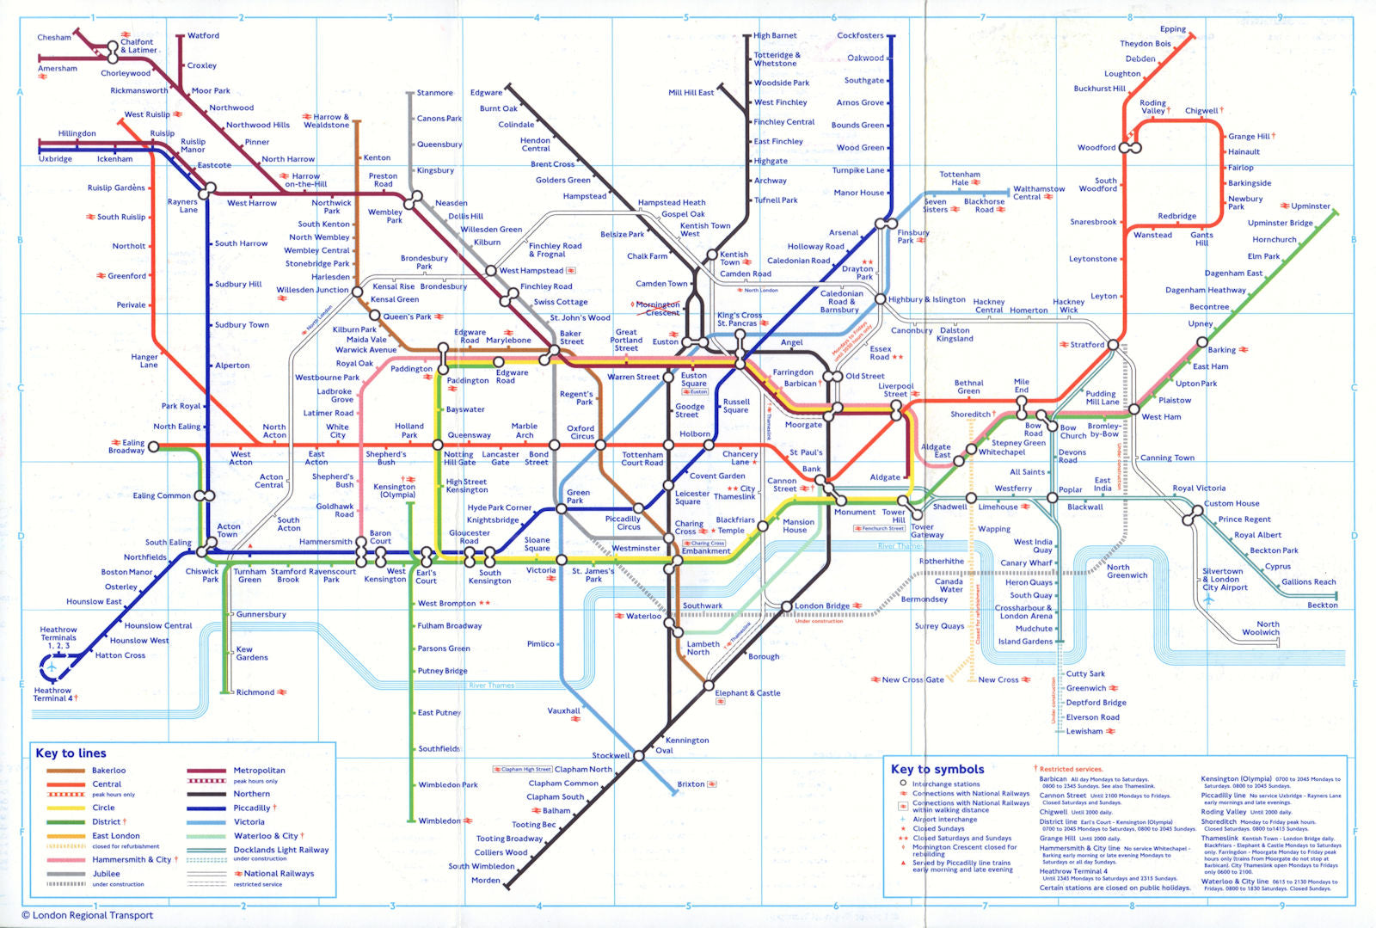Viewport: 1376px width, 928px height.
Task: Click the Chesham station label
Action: click(54, 37)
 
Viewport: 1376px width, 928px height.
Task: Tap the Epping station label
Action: click(1172, 29)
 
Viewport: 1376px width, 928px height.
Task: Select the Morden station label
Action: click(485, 880)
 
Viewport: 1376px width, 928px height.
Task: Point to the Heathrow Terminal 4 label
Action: click(53, 694)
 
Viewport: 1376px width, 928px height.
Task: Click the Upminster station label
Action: click(1310, 206)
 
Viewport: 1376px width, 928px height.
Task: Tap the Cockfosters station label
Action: click(860, 35)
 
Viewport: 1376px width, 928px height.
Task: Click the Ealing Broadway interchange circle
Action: click(153, 446)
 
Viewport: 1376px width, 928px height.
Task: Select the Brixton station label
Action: click(691, 784)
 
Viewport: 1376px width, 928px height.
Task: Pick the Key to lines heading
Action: click(71, 753)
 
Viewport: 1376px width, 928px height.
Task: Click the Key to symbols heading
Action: click(937, 769)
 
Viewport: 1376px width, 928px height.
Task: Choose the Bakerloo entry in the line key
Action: click(108, 771)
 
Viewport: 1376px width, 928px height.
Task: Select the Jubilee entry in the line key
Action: click(107, 873)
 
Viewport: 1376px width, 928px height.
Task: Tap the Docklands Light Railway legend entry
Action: click(280, 850)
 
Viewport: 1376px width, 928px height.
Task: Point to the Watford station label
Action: click(203, 35)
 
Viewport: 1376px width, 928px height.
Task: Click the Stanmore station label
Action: click(434, 93)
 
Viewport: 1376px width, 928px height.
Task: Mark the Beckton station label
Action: click(1322, 605)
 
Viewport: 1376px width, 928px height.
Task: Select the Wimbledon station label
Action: click(439, 820)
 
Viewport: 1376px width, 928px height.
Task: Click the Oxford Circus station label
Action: click(580, 432)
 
